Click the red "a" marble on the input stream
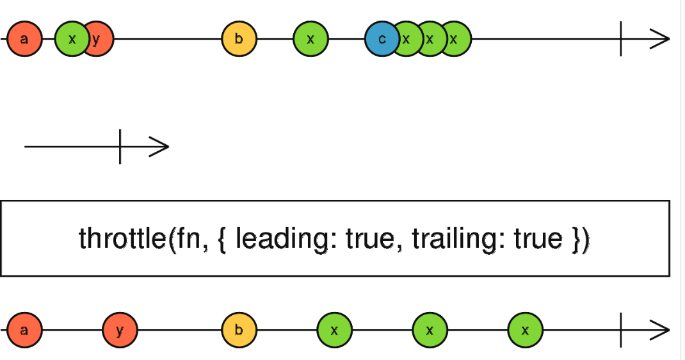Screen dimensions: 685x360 [x=24, y=39]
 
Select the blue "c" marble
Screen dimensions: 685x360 [x=382, y=39]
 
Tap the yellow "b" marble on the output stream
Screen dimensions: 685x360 [x=239, y=330]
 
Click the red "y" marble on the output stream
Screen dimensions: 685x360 [x=120, y=330]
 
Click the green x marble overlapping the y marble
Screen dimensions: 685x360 [x=72, y=39]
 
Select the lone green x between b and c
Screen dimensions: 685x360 [x=310, y=39]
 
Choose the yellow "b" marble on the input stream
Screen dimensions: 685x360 [x=239, y=39]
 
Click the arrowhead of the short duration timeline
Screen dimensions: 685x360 [x=159, y=146]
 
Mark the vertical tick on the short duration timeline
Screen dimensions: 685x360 [x=120, y=146]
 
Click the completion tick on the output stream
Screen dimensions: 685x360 [x=621, y=330]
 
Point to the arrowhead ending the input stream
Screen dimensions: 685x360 [x=659, y=39]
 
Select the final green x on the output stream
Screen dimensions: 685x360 [x=526, y=330]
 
